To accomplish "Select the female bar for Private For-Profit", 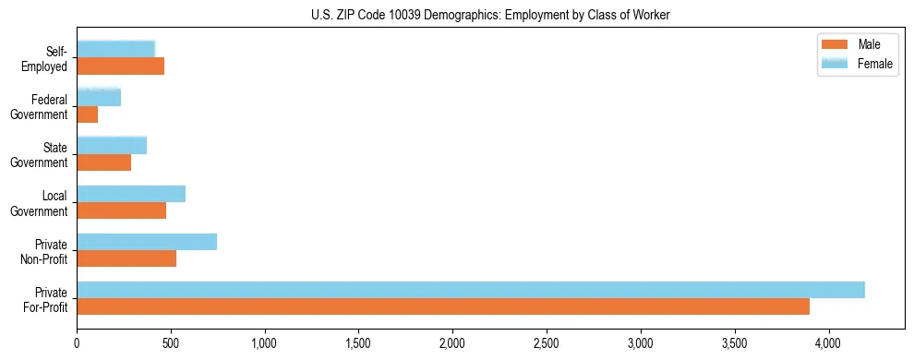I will coord(471,290).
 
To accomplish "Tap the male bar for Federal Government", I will coord(88,114).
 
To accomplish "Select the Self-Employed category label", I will coord(46,58).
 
